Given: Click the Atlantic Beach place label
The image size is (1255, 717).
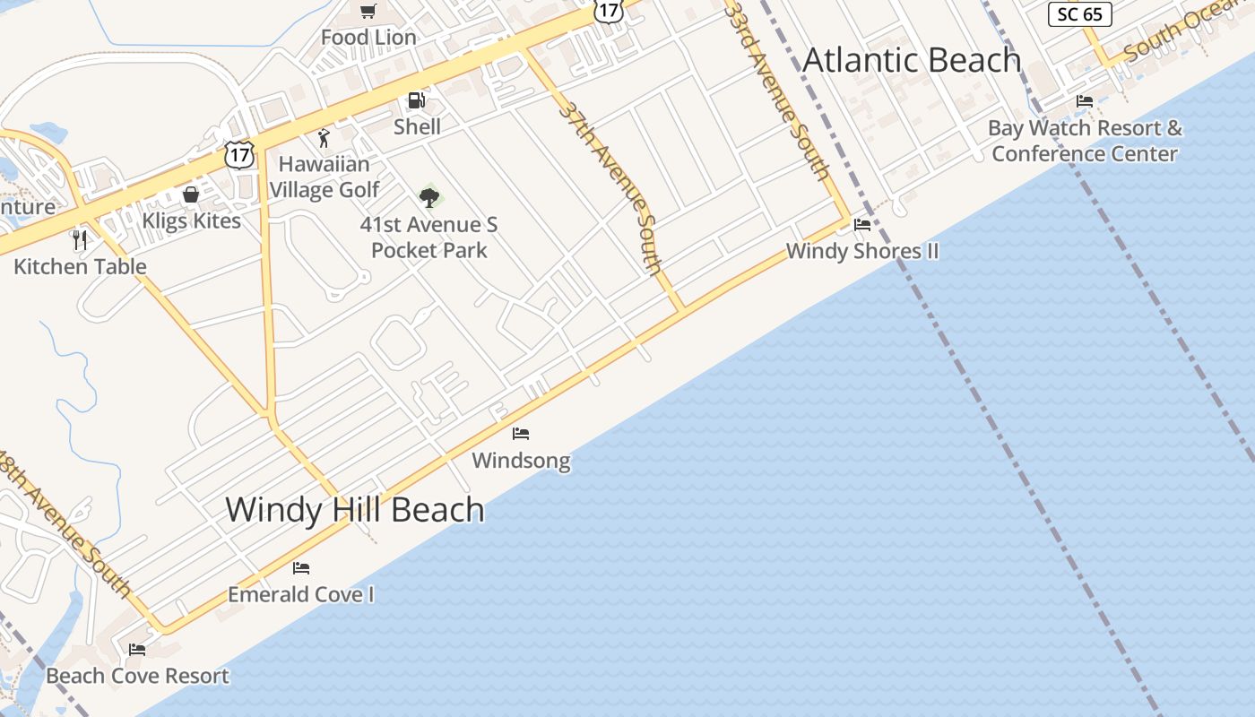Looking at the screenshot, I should [912, 60].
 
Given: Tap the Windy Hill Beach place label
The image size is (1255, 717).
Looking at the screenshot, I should [354, 509].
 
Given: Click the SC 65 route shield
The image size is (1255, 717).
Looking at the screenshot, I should [1080, 14].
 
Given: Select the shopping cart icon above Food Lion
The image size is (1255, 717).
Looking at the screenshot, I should [368, 11].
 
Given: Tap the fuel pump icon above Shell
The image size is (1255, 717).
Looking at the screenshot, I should [416, 100].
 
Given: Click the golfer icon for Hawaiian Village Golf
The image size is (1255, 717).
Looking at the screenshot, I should [324, 138].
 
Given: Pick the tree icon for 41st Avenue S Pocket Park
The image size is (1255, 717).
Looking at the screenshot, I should [428, 197].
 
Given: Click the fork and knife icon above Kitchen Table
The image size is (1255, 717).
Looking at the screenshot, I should [80, 239].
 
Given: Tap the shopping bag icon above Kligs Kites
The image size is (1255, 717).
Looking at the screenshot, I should [191, 194].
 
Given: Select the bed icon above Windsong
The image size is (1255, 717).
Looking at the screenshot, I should [521, 434].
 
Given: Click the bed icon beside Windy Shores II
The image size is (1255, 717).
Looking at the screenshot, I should [862, 225].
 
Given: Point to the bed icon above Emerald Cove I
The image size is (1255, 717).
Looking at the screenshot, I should [301, 568].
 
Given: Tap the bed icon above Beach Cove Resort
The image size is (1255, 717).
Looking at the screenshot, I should [137, 650].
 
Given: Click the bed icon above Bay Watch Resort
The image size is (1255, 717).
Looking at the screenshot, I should [1085, 101].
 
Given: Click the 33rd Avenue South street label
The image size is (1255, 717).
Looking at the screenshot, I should [777, 90].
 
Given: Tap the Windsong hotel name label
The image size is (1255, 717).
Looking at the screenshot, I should [521, 461].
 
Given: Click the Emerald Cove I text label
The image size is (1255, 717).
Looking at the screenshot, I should [301, 594].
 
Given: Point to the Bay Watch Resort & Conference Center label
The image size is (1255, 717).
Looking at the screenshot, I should [1085, 141].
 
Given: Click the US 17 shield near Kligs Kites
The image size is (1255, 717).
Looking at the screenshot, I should [239, 154].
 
